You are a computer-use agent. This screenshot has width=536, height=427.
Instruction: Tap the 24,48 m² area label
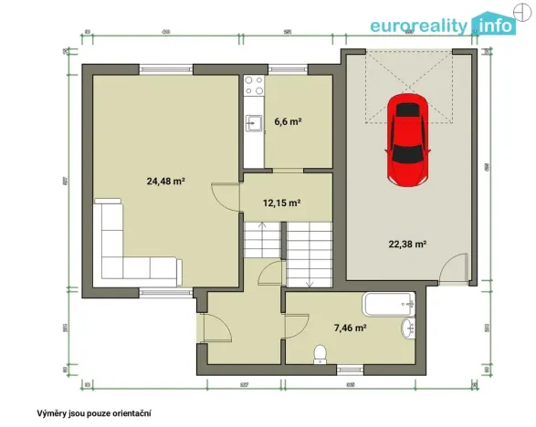(x=166, y=182)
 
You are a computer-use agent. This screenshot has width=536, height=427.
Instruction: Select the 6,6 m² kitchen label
(x=288, y=121)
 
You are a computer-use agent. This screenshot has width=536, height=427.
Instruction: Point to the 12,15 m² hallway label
(x=282, y=203)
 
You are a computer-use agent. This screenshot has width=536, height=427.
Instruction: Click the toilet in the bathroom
(x=320, y=353)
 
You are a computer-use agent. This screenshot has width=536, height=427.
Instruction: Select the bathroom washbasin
(x=407, y=329)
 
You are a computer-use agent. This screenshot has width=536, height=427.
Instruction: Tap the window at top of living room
(x=165, y=69)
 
